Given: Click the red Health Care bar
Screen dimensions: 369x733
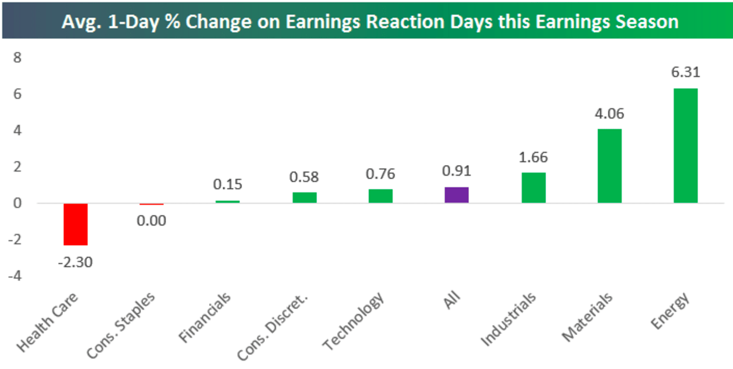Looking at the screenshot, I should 76,224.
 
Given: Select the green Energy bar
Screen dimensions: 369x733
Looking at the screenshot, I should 685,146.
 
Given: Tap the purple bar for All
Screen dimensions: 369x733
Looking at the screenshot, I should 456,195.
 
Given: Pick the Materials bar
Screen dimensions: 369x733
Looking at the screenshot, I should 609,166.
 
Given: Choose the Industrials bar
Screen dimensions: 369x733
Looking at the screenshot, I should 533,187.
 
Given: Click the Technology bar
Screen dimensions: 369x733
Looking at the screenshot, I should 381,196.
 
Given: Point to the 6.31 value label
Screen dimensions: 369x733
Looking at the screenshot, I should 685,73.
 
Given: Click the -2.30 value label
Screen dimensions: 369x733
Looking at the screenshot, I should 75,261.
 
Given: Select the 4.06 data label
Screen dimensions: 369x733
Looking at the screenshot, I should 609,113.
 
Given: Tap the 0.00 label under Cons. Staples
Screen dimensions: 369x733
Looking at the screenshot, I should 152,221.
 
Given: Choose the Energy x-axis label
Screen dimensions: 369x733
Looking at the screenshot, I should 671,311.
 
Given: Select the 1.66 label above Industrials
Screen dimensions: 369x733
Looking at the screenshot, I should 533,157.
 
